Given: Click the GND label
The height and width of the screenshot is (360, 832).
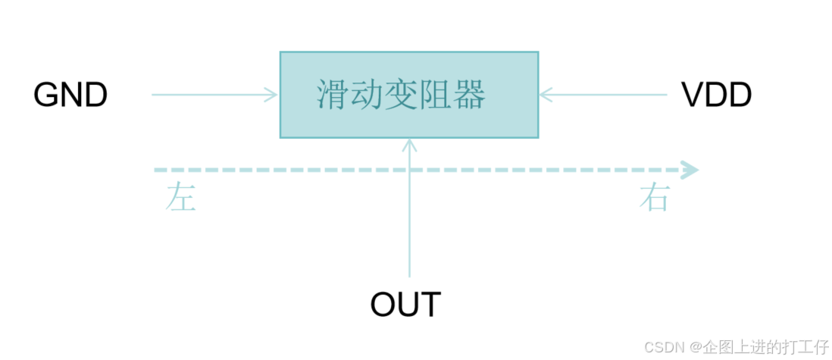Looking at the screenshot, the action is (70, 95).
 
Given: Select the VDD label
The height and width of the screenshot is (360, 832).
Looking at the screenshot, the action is (716, 95).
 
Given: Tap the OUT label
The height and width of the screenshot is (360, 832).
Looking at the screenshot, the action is (405, 305).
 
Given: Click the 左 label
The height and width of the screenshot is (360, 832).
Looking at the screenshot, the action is (180, 198).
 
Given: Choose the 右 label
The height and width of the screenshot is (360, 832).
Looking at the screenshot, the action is (655, 198).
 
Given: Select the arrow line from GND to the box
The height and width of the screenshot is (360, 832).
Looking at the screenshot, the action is (212, 95).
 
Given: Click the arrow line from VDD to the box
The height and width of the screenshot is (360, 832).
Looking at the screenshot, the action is (606, 95).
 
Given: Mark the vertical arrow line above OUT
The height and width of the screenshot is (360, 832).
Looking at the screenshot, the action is (409, 220).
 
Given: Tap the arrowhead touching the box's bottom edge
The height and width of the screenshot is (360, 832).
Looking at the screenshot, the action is (409, 144).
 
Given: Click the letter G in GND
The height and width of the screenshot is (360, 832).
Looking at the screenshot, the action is (46, 95).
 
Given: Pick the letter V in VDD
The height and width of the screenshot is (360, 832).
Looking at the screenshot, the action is (692, 95).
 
